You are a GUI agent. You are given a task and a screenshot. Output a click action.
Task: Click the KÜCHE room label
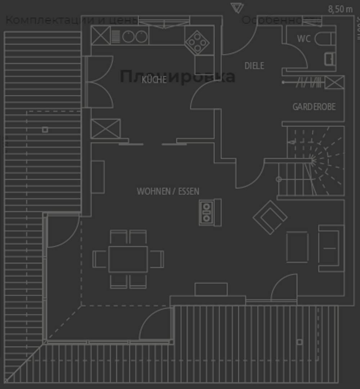pyautogui.click(x=154, y=80)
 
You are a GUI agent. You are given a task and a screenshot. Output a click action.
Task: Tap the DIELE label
pyautogui.click(x=254, y=66)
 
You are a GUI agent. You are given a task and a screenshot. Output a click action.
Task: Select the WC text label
pyautogui.click(x=304, y=39)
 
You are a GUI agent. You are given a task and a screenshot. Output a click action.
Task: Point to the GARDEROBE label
pyautogui.click(x=314, y=107)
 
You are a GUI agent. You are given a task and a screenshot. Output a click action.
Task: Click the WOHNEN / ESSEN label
pyautogui.click(x=168, y=191)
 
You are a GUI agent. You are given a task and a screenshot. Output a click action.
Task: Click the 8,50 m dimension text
pyautogui.click(x=340, y=9)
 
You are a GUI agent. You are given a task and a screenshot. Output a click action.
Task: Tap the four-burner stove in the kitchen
pyautogui.click(x=197, y=43)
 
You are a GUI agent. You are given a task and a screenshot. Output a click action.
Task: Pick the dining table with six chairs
pyautogui.click(x=128, y=259)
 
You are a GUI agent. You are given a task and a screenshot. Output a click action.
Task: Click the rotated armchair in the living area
pyautogui.click(x=270, y=217)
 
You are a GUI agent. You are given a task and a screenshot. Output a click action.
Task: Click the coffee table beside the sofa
pyautogui.click(x=297, y=247)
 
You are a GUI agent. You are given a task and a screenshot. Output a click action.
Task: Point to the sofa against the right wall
pyautogui.click(x=331, y=248)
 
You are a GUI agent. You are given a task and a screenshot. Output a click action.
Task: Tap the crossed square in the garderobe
pyautogui.click(x=334, y=82)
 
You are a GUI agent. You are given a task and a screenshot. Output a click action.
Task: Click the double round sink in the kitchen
pyautogui.click(x=135, y=36)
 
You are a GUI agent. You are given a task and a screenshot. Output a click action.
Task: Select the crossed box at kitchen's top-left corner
pyautogui.click(x=100, y=36)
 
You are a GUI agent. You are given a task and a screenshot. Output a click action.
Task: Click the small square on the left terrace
pyautogui.click(x=45, y=130)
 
